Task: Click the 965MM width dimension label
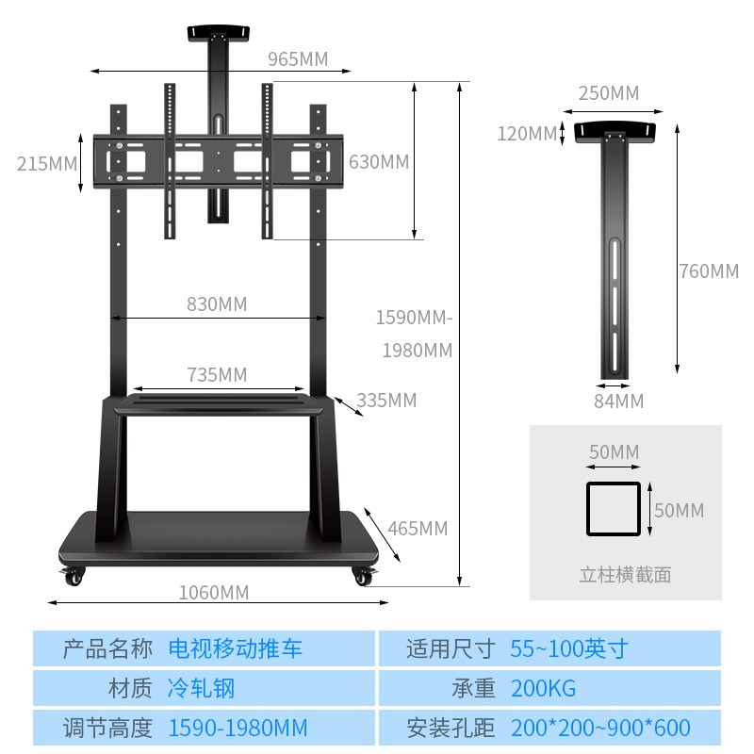pyautogui.click(x=298, y=59)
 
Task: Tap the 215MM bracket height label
pyautogui.click(x=47, y=163)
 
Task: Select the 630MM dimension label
pyautogui.click(x=379, y=162)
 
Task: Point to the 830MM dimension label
pyautogui.click(x=217, y=303)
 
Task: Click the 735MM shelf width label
pyautogui.click(x=217, y=375)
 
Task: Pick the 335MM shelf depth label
pyautogui.click(x=386, y=401)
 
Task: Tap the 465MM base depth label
pyautogui.click(x=418, y=528)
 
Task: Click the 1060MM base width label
pyautogui.click(x=214, y=592)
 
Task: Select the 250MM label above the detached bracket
pyautogui.click(x=609, y=93)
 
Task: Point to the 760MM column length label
pyautogui.click(x=709, y=271)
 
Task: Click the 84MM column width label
pyautogui.click(x=619, y=402)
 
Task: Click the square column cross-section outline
pyautogui.click(x=614, y=509)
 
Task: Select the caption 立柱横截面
pyautogui.click(x=626, y=574)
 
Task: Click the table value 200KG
pyautogui.click(x=543, y=689)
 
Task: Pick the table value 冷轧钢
pyautogui.click(x=201, y=689)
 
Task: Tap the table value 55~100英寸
pyautogui.click(x=568, y=648)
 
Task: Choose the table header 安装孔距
pyautogui.click(x=451, y=729)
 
